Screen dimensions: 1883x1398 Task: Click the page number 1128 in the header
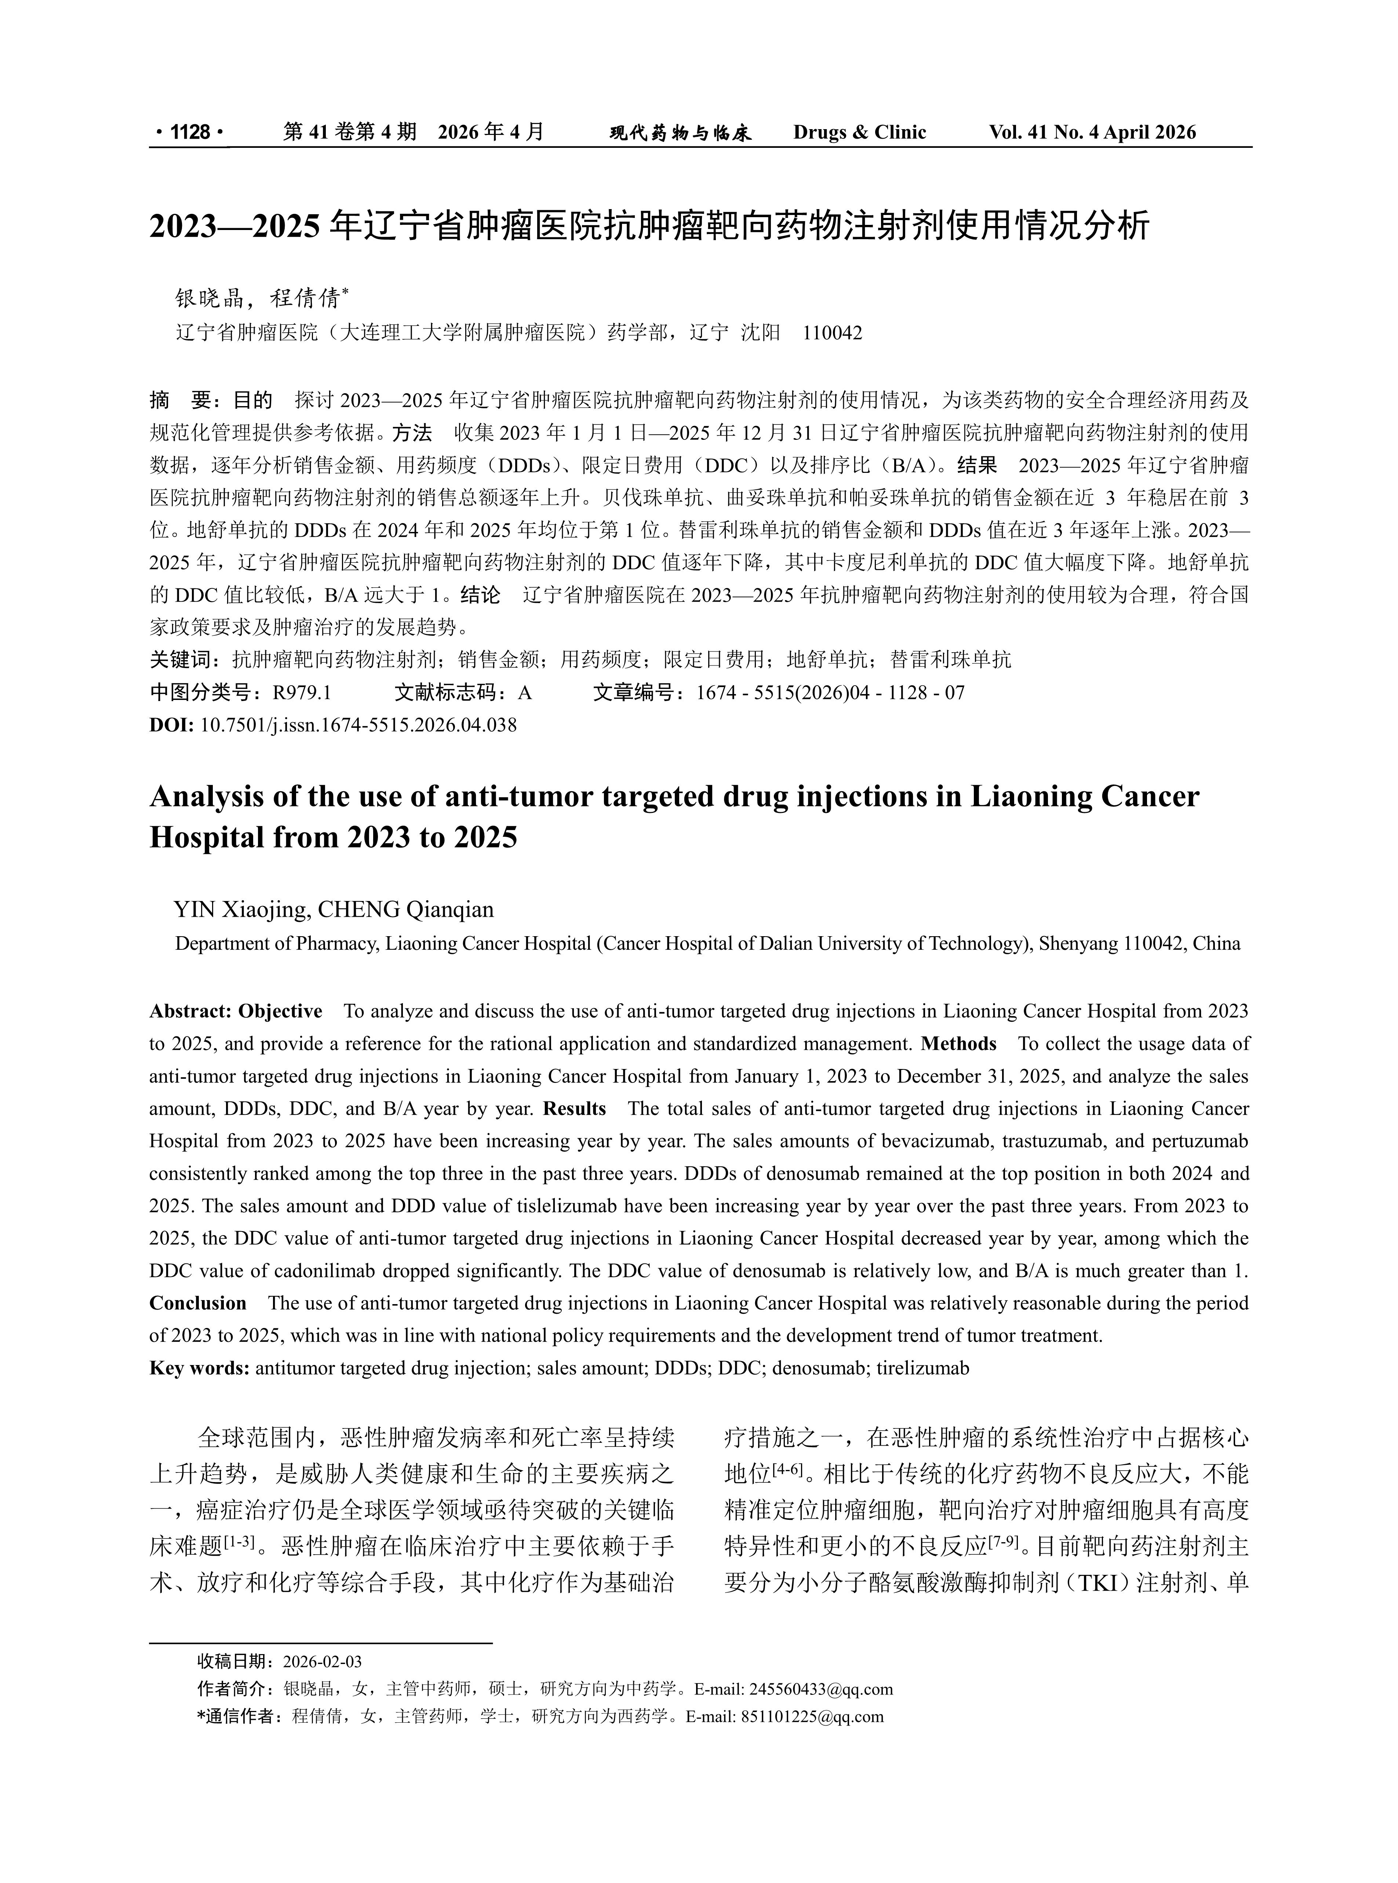[x=190, y=132]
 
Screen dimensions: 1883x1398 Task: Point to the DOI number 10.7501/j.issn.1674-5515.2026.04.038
[x=358, y=725]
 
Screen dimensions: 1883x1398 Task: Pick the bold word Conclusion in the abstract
[x=198, y=1303]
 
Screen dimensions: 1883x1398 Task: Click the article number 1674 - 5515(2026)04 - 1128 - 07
[x=830, y=694]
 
